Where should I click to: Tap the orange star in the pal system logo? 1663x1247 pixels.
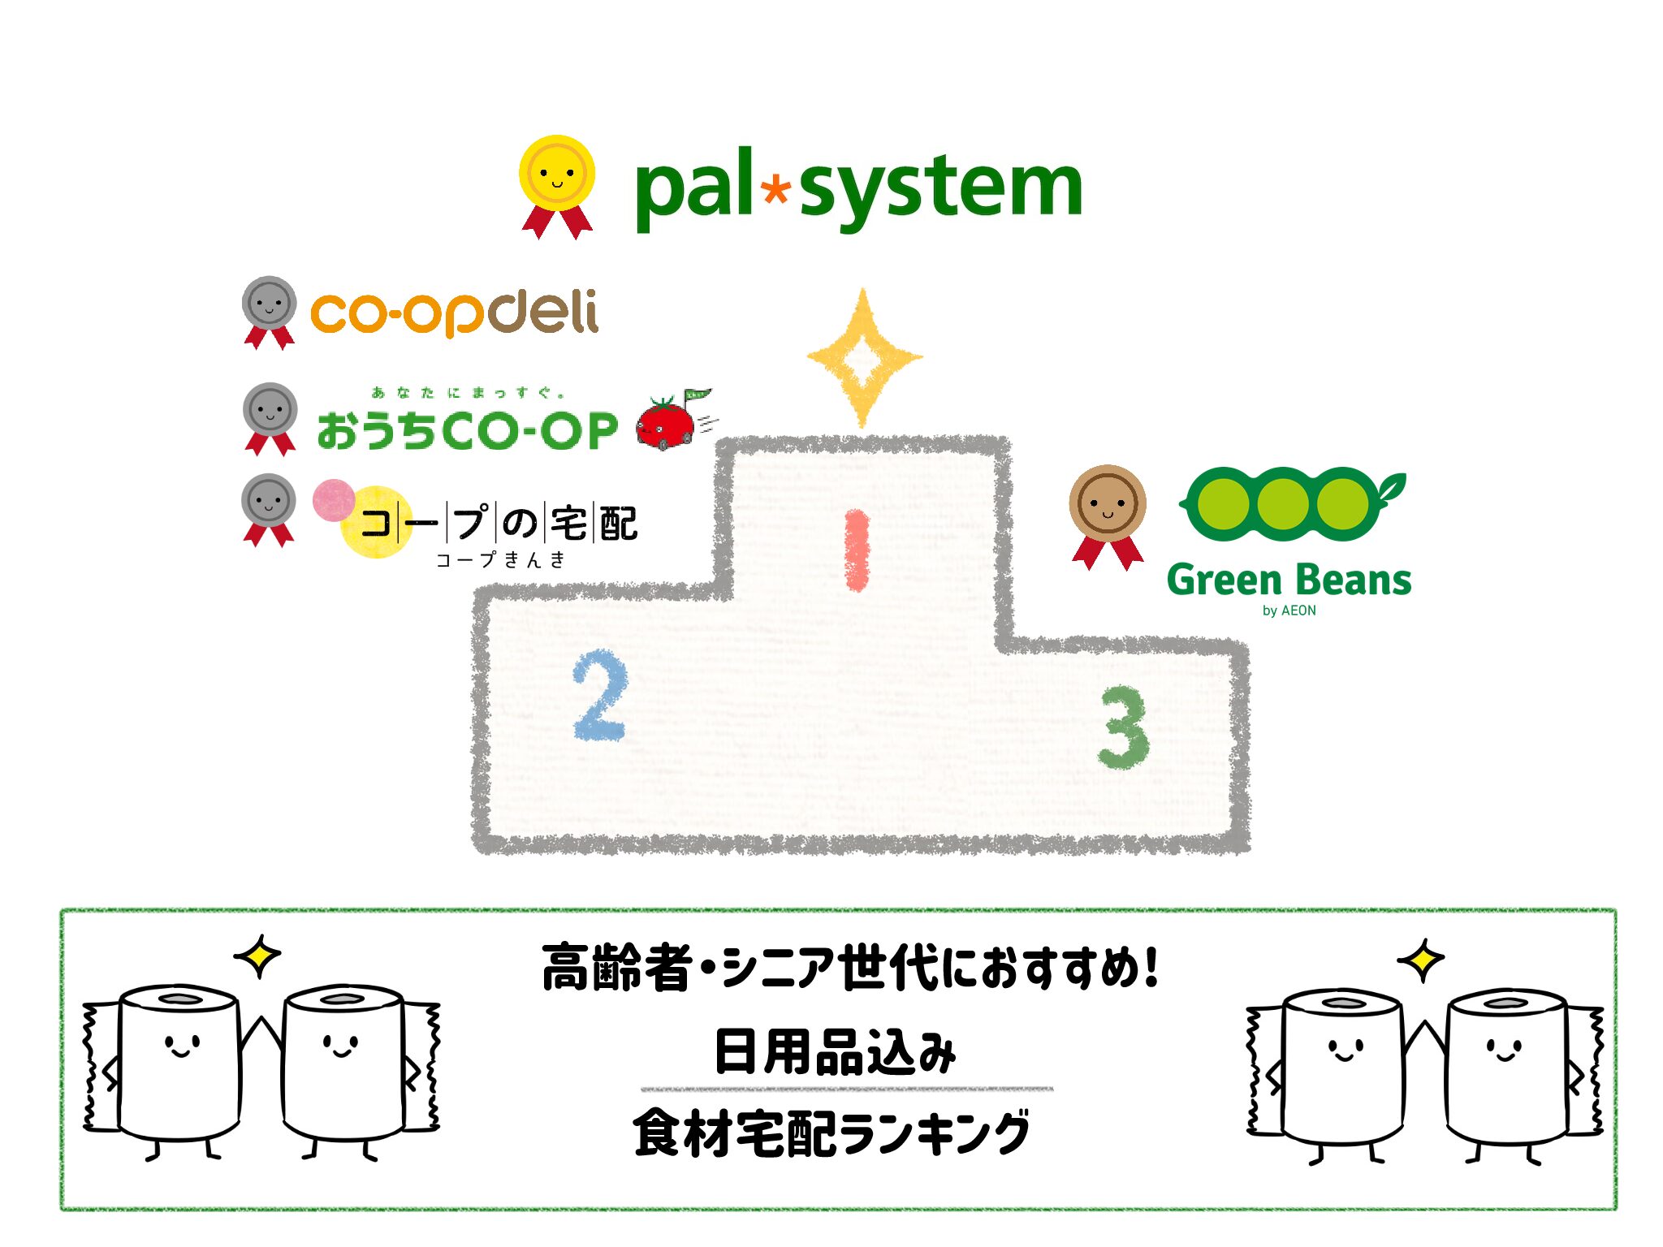776,190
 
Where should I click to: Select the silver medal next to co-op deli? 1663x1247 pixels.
269,307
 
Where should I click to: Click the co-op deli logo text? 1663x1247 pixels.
455,312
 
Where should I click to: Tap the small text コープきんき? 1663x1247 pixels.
500,559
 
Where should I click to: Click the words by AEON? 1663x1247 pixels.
1289,611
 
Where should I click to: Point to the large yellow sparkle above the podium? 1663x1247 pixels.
864,357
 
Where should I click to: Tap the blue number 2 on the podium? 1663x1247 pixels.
600,695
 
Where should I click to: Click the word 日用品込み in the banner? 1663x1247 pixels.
836,1052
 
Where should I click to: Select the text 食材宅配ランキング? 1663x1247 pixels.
831,1133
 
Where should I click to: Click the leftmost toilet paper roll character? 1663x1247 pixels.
179,1064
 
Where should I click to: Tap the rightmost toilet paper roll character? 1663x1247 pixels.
1509,1068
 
